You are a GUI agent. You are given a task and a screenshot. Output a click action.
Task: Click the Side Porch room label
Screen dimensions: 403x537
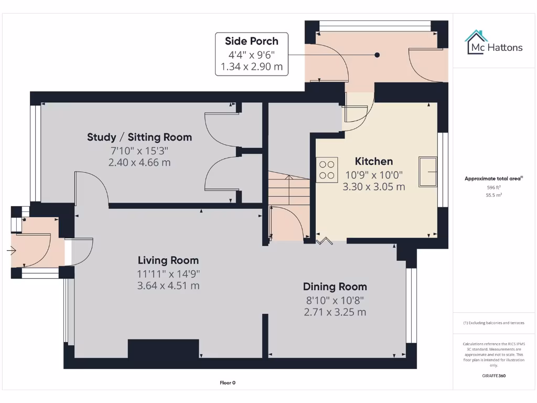pyautogui.click(x=252, y=41)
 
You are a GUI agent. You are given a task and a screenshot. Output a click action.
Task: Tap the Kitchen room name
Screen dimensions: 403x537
pyautogui.click(x=373, y=161)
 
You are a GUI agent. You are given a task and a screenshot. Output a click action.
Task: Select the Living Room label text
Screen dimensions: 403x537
pyautogui.click(x=168, y=260)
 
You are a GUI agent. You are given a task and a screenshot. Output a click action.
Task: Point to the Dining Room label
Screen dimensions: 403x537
pyautogui.click(x=335, y=287)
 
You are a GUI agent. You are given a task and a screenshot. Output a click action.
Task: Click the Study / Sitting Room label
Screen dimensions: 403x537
pyautogui.click(x=139, y=137)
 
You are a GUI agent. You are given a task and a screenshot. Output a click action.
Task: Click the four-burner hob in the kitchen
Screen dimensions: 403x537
pyautogui.click(x=327, y=170)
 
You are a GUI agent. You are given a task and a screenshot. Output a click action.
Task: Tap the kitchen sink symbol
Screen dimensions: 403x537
pyautogui.click(x=428, y=171)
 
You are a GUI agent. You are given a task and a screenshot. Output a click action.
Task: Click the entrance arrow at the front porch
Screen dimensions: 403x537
pyautogui.click(x=12, y=251)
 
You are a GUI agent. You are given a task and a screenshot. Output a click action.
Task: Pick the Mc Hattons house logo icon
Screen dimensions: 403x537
pyautogui.click(x=476, y=43)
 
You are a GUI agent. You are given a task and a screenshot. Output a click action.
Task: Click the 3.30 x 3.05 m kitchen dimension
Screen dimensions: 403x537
pyautogui.click(x=373, y=186)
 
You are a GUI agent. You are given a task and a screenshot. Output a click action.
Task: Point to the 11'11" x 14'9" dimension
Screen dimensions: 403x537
pyautogui.click(x=168, y=273)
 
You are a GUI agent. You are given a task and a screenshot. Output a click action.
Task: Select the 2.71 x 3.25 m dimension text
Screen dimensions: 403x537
pyautogui.click(x=335, y=312)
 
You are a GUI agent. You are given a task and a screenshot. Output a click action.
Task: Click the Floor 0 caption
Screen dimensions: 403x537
pyautogui.click(x=228, y=383)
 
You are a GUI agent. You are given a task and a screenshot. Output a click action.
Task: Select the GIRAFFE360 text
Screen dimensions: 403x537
pyautogui.click(x=493, y=376)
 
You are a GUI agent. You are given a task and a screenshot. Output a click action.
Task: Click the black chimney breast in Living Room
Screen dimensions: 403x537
pyautogui.click(x=163, y=349)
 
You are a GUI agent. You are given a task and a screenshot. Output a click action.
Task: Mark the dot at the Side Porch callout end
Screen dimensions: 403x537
pyautogui.click(x=377, y=55)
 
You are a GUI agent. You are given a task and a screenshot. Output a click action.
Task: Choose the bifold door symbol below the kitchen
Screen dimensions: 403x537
pyautogui.click(x=325, y=241)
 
